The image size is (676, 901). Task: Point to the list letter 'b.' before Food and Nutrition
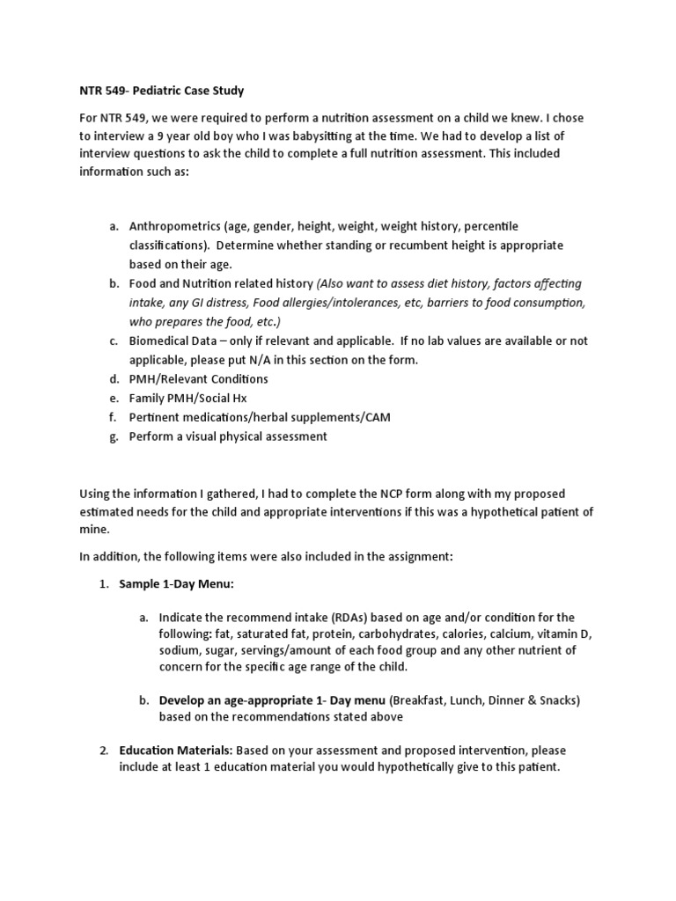click(x=114, y=283)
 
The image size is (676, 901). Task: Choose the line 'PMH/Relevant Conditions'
click(x=198, y=378)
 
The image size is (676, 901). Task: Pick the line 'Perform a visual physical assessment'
click(x=227, y=436)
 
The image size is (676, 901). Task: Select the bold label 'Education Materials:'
click(x=176, y=750)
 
